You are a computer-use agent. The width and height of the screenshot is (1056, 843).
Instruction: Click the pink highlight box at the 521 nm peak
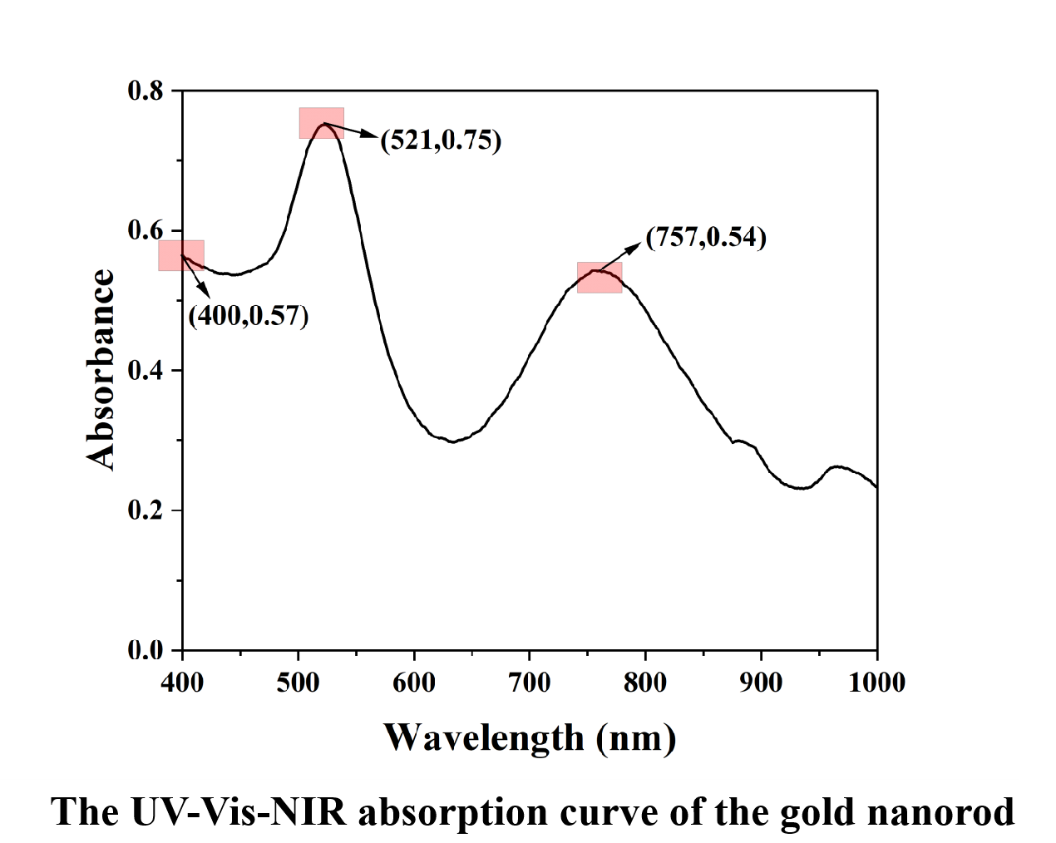pyautogui.click(x=322, y=123)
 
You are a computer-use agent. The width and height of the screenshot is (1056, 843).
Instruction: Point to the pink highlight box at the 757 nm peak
pyautogui.click(x=600, y=277)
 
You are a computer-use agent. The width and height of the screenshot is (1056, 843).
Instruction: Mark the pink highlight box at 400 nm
pyautogui.click(x=181, y=255)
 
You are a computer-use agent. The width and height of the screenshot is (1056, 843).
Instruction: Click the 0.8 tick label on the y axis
pyautogui.click(x=146, y=90)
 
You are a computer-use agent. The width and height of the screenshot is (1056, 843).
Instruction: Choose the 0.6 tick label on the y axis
pyautogui.click(x=146, y=230)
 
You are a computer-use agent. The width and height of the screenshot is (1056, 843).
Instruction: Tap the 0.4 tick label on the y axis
pyautogui.click(x=146, y=370)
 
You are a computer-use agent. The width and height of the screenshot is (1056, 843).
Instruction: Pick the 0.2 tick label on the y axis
pyautogui.click(x=146, y=510)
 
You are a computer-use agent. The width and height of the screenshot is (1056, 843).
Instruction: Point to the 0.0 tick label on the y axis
pyautogui.click(x=146, y=650)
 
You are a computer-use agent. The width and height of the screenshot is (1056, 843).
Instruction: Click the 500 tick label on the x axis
pyautogui.click(x=298, y=683)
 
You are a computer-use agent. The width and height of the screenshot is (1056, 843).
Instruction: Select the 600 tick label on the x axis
pyautogui.click(x=413, y=683)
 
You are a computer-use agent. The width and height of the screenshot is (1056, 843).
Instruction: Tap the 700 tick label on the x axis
pyautogui.click(x=530, y=683)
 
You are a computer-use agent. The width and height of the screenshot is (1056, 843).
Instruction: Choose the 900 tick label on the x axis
pyautogui.click(x=761, y=683)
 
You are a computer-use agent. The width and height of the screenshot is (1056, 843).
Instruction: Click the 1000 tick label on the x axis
pyautogui.click(x=876, y=683)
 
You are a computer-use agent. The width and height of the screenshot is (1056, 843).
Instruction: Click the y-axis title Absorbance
pyautogui.click(x=101, y=370)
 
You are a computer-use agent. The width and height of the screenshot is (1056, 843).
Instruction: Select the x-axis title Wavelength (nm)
pyautogui.click(x=530, y=737)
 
